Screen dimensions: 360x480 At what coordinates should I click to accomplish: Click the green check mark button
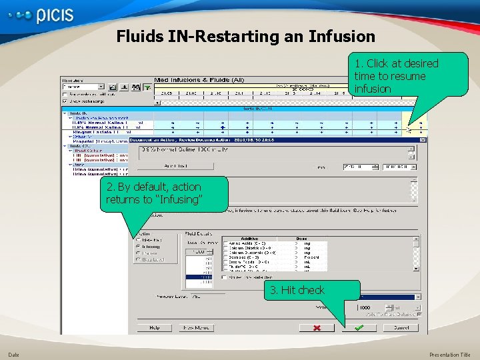[359, 327]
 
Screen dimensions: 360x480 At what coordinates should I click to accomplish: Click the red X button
[317, 327]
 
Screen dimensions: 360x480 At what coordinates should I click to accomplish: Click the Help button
[154, 327]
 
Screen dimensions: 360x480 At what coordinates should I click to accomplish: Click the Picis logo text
[55, 15]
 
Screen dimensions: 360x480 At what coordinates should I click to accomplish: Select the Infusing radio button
[139, 246]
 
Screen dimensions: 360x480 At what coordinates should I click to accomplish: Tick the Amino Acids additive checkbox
[225, 243]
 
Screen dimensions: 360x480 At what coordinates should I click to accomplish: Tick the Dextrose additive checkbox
[225, 257]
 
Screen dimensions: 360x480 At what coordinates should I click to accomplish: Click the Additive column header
[250, 238]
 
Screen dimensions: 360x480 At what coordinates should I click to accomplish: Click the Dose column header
[301, 238]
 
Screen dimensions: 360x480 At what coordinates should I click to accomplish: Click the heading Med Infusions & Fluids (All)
[199, 80]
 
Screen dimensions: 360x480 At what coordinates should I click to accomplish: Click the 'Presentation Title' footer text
[450, 355]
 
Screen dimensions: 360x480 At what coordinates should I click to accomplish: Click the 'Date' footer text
[13, 355]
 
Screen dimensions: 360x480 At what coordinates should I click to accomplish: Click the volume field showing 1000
[365, 307]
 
